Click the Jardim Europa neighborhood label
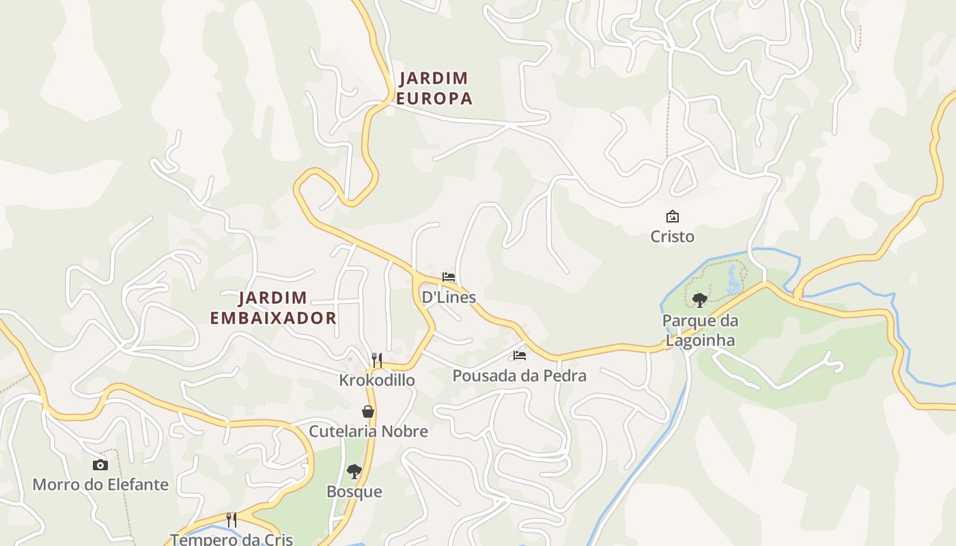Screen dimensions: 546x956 [x=434, y=88]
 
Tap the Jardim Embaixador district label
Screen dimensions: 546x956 [x=273, y=308]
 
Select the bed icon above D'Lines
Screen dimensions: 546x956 [x=449, y=277]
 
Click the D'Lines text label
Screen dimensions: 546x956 [x=449, y=298]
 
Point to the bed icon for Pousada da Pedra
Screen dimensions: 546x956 [x=520, y=356]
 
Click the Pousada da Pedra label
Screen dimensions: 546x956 [x=519, y=376]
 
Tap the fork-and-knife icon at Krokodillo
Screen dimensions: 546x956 [x=377, y=360]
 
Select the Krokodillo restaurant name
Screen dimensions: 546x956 [x=377, y=380]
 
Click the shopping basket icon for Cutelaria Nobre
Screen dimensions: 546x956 [x=368, y=412]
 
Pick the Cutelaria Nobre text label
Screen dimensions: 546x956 [x=368, y=431]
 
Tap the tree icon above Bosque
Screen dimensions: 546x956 [x=354, y=471]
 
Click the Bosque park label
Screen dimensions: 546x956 [x=354, y=492]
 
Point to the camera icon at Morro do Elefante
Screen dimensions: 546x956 [x=100, y=465]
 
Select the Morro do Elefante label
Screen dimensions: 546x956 [x=100, y=485]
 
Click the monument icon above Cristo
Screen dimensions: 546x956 [x=673, y=216]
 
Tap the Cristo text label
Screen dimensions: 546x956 [x=673, y=237]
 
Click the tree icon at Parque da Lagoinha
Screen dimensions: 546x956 [x=699, y=300]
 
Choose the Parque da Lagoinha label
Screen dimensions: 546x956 [x=699, y=330]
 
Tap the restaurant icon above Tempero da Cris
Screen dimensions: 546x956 [x=231, y=520]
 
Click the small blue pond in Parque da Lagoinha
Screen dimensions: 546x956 [x=733, y=279]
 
